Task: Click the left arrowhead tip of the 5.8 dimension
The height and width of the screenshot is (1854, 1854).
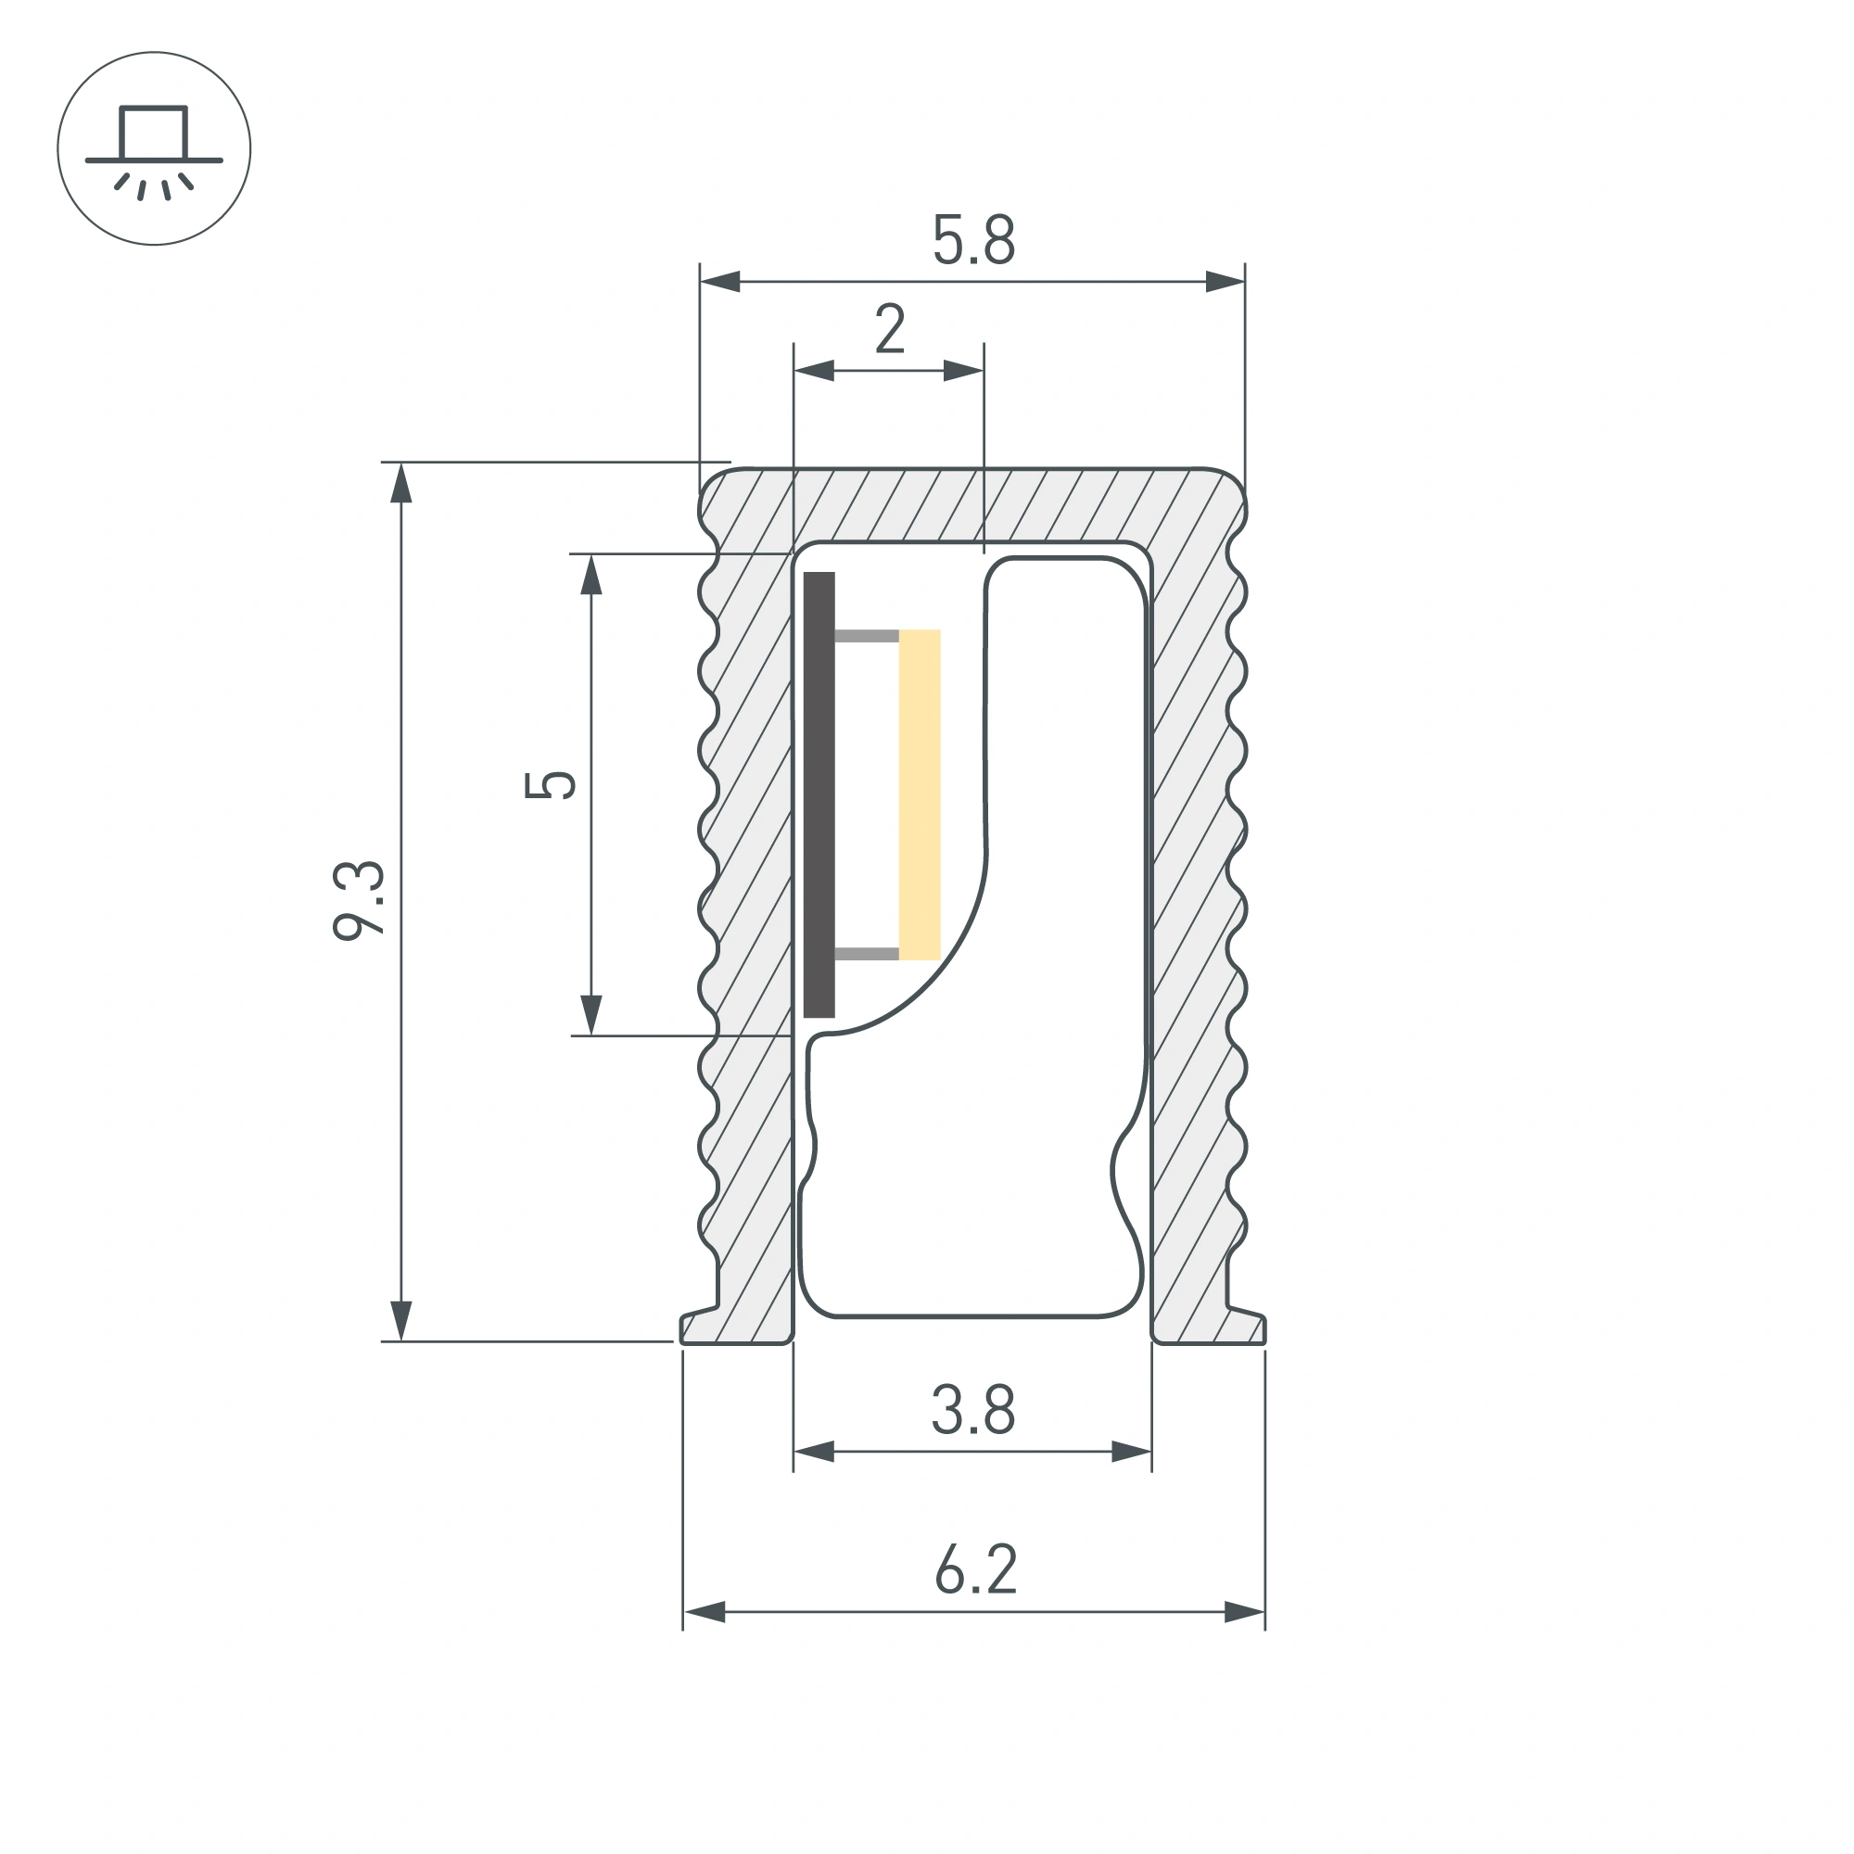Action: (x=701, y=282)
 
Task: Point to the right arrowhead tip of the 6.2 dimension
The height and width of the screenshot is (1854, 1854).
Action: (x=1264, y=1612)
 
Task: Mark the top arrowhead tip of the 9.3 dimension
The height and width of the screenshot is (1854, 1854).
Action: (x=401, y=463)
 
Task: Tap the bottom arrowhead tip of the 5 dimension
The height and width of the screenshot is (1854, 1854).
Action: (x=591, y=1035)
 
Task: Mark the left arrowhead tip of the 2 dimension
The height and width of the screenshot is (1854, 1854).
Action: (x=794, y=371)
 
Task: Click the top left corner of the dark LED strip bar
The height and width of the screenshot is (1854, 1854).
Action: (x=804, y=573)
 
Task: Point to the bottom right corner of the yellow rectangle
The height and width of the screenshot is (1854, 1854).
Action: (x=940, y=959)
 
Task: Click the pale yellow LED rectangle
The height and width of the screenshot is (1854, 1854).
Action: (x=920, y=794)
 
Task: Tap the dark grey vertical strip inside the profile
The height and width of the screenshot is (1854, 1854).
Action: (x=819, y=794)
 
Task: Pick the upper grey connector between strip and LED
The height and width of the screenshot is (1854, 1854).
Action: (x=867, y=635)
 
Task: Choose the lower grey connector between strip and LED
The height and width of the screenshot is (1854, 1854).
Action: (x=867, y=954)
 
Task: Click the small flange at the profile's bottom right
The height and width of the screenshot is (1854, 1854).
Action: (x=1246, y=1327)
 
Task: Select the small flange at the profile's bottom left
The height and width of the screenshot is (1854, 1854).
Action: (x=700, y=1327)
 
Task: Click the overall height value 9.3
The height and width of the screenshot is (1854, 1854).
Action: (x=359, y=900)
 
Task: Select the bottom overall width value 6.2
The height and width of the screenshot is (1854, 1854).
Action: (x=975, y=1571)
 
